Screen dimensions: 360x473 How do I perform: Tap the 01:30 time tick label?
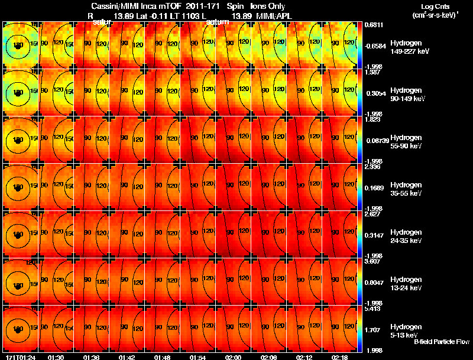tap(56, 356)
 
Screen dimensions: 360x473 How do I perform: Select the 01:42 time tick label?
tap(127, 356)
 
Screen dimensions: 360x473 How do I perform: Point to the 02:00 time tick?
tap(233, 356)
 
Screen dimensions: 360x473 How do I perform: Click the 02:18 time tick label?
tap(339, 356)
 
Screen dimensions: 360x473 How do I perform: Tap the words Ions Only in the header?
tap(268, 6)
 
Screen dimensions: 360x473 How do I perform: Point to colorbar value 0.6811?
tap(371, 25)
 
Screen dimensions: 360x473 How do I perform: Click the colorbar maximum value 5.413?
tap(371, 309)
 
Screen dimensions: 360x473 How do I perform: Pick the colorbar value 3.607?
tap(371, 261)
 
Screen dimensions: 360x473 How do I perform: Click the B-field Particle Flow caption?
tap(442, 342)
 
